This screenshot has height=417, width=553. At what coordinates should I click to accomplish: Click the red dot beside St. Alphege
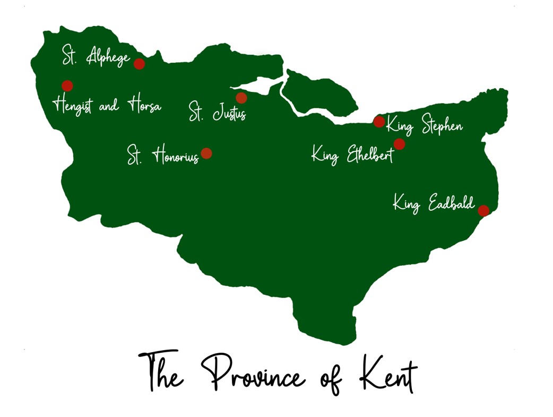click(x=139, y=64)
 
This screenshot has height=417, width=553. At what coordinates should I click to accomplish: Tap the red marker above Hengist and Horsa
click(x=67, y=86)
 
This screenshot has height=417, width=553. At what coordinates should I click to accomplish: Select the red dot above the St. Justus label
click(x=241, y=98)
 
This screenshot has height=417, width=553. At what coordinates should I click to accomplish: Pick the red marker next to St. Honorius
click(x=206, y=154)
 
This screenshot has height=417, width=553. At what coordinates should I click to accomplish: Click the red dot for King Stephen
click(x=379, y=122)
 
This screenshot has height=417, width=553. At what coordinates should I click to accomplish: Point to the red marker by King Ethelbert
click(x=399, y=144)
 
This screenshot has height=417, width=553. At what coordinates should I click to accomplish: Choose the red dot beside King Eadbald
click(x=483, y=211)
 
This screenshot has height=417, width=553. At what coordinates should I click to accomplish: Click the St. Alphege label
click(x=96, y=56)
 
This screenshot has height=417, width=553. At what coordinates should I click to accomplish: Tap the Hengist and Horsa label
click(x=107, y=105)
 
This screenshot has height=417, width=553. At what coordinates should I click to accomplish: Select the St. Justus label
click(x=218, y=112)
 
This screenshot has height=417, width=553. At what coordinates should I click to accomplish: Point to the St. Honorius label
click(x=162, y=156)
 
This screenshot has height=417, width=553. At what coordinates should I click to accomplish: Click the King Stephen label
click(x=425, y=126)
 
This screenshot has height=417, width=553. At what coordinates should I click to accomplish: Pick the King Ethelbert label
click(x=352, y=156)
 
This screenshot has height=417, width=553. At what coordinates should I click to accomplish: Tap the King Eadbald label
click(x=434, y=205)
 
